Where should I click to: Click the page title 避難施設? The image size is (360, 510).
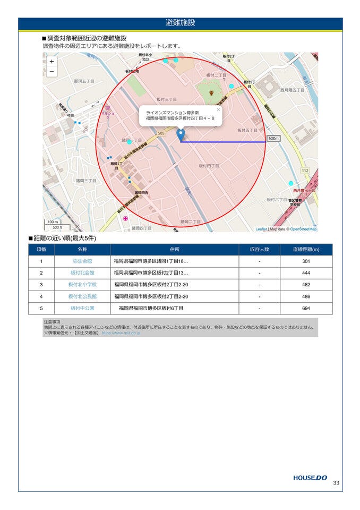(180, 23)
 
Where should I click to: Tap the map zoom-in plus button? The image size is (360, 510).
(52, 62)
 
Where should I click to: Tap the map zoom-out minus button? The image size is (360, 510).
(52, 72)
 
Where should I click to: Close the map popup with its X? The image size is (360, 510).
(218, 110)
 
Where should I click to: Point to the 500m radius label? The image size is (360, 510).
(273, 139)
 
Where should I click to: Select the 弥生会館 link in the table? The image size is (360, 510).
(82, 261)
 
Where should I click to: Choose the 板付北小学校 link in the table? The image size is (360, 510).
(82, 285)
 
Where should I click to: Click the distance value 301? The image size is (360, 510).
(306, 261)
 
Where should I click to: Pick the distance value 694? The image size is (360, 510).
(306, 308)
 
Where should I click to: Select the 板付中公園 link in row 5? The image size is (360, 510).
(82, 308)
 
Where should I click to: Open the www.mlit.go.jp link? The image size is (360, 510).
(121, 333)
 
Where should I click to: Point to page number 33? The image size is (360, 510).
(336, 483)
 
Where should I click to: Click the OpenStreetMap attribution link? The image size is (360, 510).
(303, 229)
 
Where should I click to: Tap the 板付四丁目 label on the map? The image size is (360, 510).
(209, 166)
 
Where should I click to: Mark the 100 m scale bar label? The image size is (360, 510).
(53, 222)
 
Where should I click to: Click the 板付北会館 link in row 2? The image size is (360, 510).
(82, 273)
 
